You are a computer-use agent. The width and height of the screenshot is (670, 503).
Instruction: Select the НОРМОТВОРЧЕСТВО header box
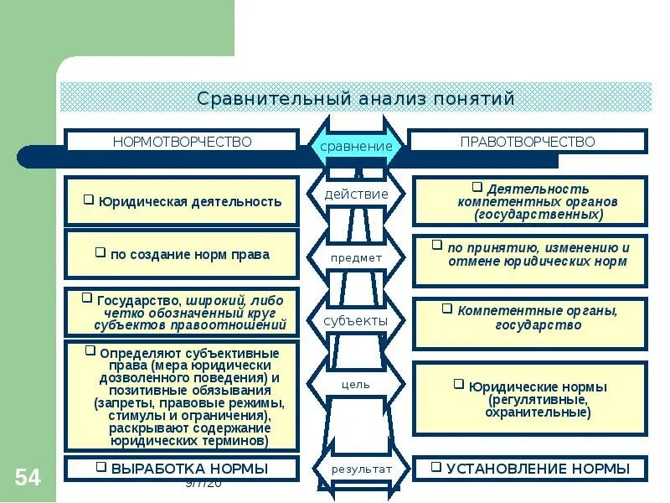(182, 142)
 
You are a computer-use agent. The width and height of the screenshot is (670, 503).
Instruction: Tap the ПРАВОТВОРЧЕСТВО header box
(528, 142)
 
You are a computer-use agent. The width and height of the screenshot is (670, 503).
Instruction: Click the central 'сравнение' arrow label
(356, 146)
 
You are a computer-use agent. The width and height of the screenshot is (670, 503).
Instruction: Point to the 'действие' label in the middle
(356, 194)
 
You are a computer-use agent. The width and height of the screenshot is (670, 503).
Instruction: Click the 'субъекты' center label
(356, 321)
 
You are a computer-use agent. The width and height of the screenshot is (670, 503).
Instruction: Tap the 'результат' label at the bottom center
(360, 469)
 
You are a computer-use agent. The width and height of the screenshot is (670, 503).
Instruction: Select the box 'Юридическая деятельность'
(182, 201)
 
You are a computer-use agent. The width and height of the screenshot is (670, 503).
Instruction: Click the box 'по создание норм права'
(182, 254)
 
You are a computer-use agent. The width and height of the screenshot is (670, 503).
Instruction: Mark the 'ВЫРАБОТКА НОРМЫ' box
(182, 468)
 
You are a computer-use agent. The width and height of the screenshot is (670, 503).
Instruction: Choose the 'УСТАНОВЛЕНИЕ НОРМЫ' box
(529, 468)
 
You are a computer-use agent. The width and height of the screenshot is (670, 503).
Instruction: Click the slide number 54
(27, 478)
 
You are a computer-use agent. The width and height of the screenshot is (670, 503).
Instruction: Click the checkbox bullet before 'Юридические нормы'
(458, 384)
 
